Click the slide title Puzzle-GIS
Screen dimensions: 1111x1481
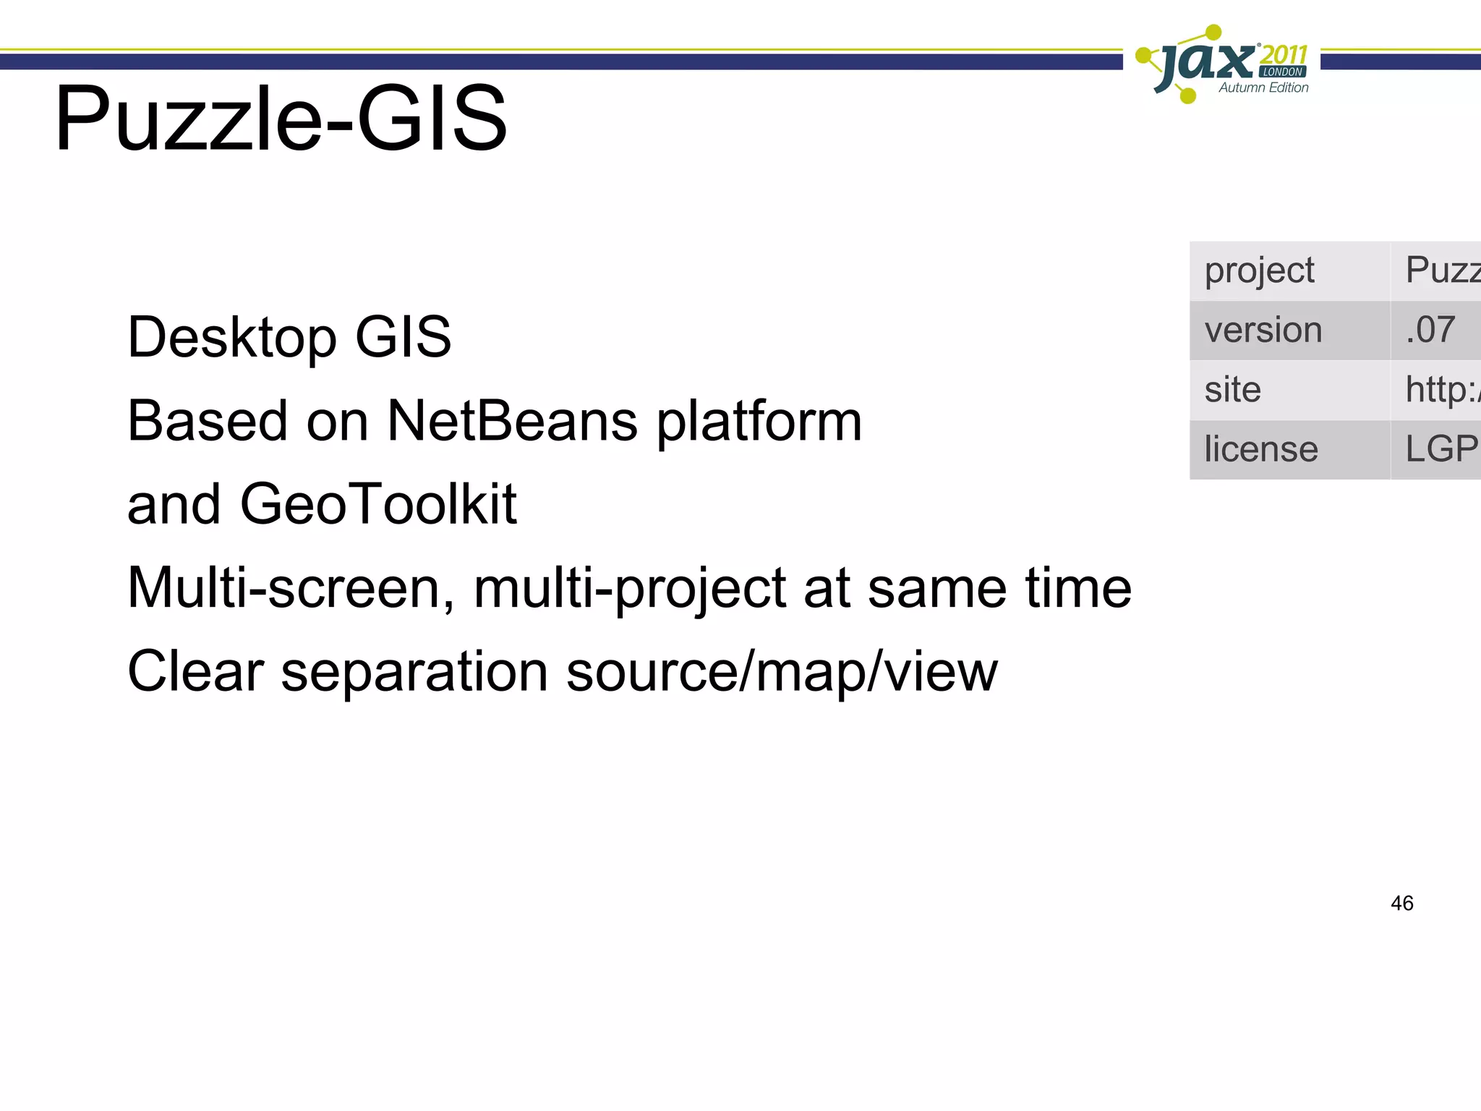click(281, 119)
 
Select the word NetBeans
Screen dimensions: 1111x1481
click(512, 421)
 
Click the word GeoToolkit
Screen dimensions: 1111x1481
click(378, 504)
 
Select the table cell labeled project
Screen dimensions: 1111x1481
click(1259, 271)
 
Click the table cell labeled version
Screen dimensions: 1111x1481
click(1263, 331)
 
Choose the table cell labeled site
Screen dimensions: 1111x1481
click(1232, 390)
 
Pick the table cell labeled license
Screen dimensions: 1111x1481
click(1260, 449)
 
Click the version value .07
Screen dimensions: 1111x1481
click(1430, 331)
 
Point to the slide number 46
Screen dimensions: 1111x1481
click(1401, 903)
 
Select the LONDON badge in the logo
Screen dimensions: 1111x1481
click(1283, 72)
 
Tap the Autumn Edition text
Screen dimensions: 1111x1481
click(1263, 88)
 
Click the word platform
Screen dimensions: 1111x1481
click(759, 422)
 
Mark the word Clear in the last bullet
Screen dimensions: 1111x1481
click(195, 671)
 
